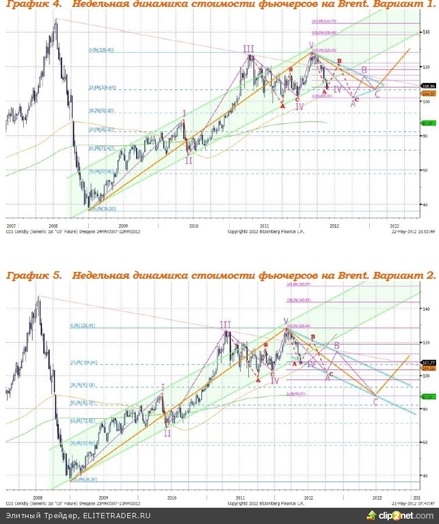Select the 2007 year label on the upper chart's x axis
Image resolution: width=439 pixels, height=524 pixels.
(10, 224)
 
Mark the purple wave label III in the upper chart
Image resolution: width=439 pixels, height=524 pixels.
(248, 49)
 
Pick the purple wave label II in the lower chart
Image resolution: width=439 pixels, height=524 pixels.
(167, 433)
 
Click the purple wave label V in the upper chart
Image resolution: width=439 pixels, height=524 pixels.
(311, 45)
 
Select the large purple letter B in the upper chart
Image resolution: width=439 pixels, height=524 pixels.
(365, 71)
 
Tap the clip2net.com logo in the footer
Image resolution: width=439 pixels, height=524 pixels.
(399, 515)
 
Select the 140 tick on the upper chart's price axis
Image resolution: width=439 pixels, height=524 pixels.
(427, 32)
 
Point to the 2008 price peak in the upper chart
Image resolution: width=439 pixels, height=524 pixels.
(56, 19)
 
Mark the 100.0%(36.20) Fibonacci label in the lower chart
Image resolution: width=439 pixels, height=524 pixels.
(84, 480)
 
